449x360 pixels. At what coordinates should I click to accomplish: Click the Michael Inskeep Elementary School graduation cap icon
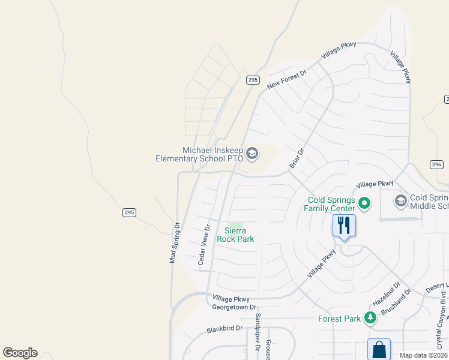click(x=252, y=154)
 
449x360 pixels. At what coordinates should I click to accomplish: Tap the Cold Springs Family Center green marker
click(x=364, y=204)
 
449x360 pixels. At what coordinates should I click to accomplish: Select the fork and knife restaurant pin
click(x=344, y=226)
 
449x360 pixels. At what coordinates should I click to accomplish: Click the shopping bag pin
click(x=379, y=350)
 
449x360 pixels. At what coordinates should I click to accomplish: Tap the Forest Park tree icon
click(x=370, y=318)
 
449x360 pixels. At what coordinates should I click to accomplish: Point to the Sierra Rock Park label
click(x=239, y=235)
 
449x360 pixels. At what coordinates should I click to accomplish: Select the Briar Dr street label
click(x=297, y=159)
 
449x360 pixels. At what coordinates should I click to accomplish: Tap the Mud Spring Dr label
click(x=174, y=242)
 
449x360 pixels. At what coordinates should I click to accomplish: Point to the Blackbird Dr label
click(x=224, y=329)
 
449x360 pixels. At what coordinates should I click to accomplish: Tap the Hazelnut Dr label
click(x=387, y=293)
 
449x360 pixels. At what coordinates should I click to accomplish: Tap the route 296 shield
click(x=436, y=164)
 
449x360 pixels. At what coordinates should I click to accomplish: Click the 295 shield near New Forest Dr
click(x=253, y=80)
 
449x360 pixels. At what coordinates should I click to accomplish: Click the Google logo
click(x=20, y=353)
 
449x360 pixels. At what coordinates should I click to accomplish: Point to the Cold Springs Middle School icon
click(x=400, y=201)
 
